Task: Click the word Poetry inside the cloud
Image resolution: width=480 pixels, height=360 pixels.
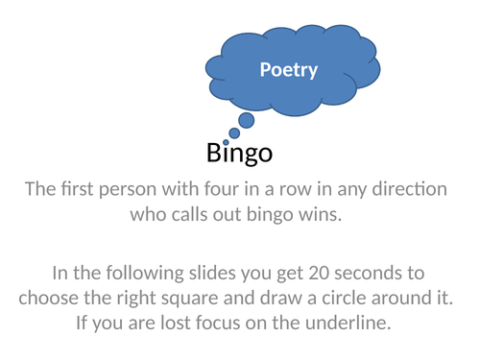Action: click(x=289, y=70)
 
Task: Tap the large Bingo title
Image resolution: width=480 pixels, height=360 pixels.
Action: click(x=239, y=153)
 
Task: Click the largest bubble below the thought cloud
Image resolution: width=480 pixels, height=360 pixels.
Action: click(x=246, y=120)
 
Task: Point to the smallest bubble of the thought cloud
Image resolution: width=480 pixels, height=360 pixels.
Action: click(x=227, y=143)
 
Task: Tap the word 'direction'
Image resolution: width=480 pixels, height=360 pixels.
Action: click(x=406, y=189)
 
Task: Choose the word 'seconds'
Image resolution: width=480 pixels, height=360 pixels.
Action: click(x=390, y=273)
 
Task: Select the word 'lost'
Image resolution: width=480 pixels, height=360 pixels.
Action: click(x=187, y=322)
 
